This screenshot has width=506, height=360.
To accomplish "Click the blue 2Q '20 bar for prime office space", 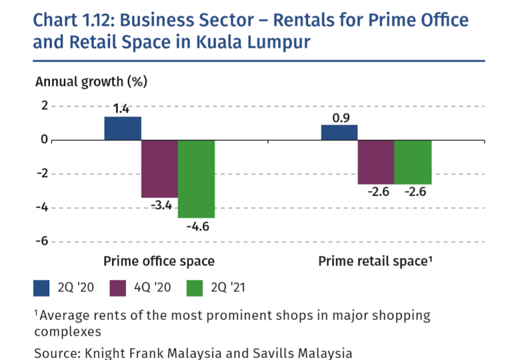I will coord(123,128).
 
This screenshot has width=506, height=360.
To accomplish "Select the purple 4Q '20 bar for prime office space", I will coord(159,168).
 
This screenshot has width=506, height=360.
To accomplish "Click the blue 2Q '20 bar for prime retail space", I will coord(339,132).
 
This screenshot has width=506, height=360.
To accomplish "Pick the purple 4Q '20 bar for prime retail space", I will coord(376,162).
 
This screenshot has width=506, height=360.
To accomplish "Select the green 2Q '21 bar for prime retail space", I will coord(412,162).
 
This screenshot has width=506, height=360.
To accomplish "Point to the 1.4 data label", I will coord(121,109).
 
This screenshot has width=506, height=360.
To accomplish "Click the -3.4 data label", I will coord(159,206).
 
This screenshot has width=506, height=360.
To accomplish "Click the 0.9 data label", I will coord(339,117).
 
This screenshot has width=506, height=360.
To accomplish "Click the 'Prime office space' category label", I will coord(159,261).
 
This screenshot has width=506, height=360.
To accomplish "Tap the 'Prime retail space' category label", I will coord(374,261).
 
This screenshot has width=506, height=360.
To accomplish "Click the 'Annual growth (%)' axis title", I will coord(91,82).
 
